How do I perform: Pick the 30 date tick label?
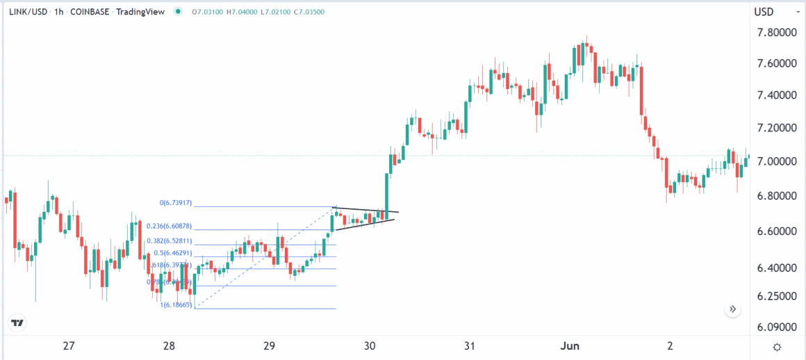370,346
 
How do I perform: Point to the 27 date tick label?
68,346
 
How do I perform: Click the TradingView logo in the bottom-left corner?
19,323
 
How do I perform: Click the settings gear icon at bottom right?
777,347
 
